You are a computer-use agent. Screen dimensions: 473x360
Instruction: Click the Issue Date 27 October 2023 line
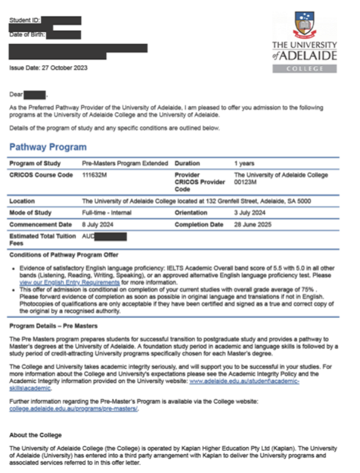coord(48,68)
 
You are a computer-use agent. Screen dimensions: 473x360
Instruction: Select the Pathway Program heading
coord(48,147)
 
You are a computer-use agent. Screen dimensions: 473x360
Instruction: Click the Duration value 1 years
coord(244,163)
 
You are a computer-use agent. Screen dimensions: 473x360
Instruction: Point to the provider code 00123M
coord(246,182)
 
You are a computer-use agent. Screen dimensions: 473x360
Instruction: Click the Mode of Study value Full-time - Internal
coord(106,212)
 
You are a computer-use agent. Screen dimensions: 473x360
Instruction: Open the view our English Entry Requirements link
coord(69,282)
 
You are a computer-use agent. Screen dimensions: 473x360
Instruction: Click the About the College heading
coord(35,435)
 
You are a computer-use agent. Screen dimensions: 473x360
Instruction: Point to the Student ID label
coord(25,22)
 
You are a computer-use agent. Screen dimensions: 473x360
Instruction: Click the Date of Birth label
coord(27,34)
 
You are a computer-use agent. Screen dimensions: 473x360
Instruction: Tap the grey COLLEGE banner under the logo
coord(304,68)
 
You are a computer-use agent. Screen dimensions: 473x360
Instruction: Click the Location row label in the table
coord(22,201)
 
